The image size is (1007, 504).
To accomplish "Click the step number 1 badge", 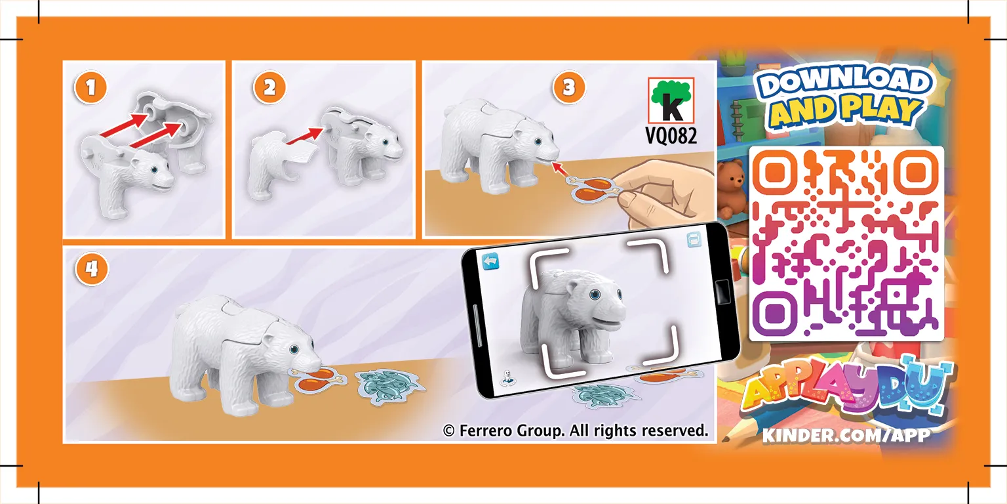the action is click(x=91, y=87).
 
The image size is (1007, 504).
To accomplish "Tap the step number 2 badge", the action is click(x=269, y=87).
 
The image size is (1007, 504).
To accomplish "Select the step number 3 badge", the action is click(x=568, y=87).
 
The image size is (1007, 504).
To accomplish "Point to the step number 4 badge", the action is click(x=92, y=269).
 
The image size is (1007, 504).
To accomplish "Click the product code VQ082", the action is click(x=671, y=135).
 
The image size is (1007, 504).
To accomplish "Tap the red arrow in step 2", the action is click(x=304, y=136).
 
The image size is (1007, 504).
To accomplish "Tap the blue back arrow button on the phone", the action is click(x=490, y=261).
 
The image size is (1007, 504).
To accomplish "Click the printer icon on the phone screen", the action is click(x=694, y=240).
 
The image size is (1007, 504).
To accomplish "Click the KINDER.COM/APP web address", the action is click(x=846, y=435).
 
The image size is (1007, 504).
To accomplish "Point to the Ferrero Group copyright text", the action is click(x=576, y=430).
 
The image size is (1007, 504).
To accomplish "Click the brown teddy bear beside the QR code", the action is click(x=730, y=187).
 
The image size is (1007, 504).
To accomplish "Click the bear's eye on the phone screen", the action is click(x=595, y=295).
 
